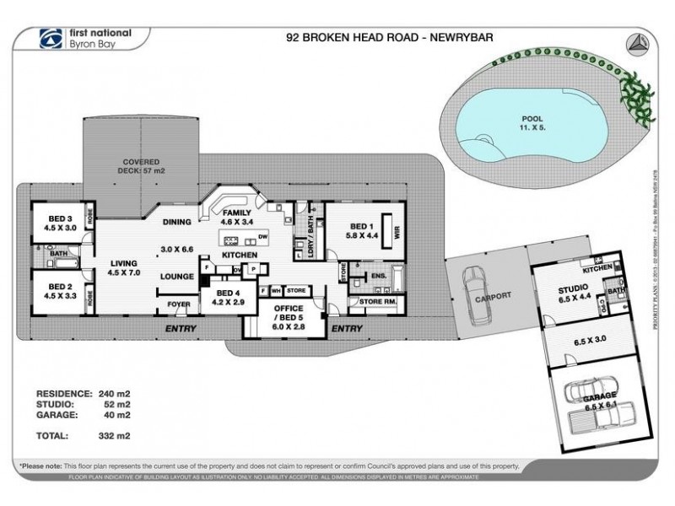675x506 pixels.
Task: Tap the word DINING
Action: click(x=178, y=223)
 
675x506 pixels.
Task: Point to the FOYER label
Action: click(x=178, y=304)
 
